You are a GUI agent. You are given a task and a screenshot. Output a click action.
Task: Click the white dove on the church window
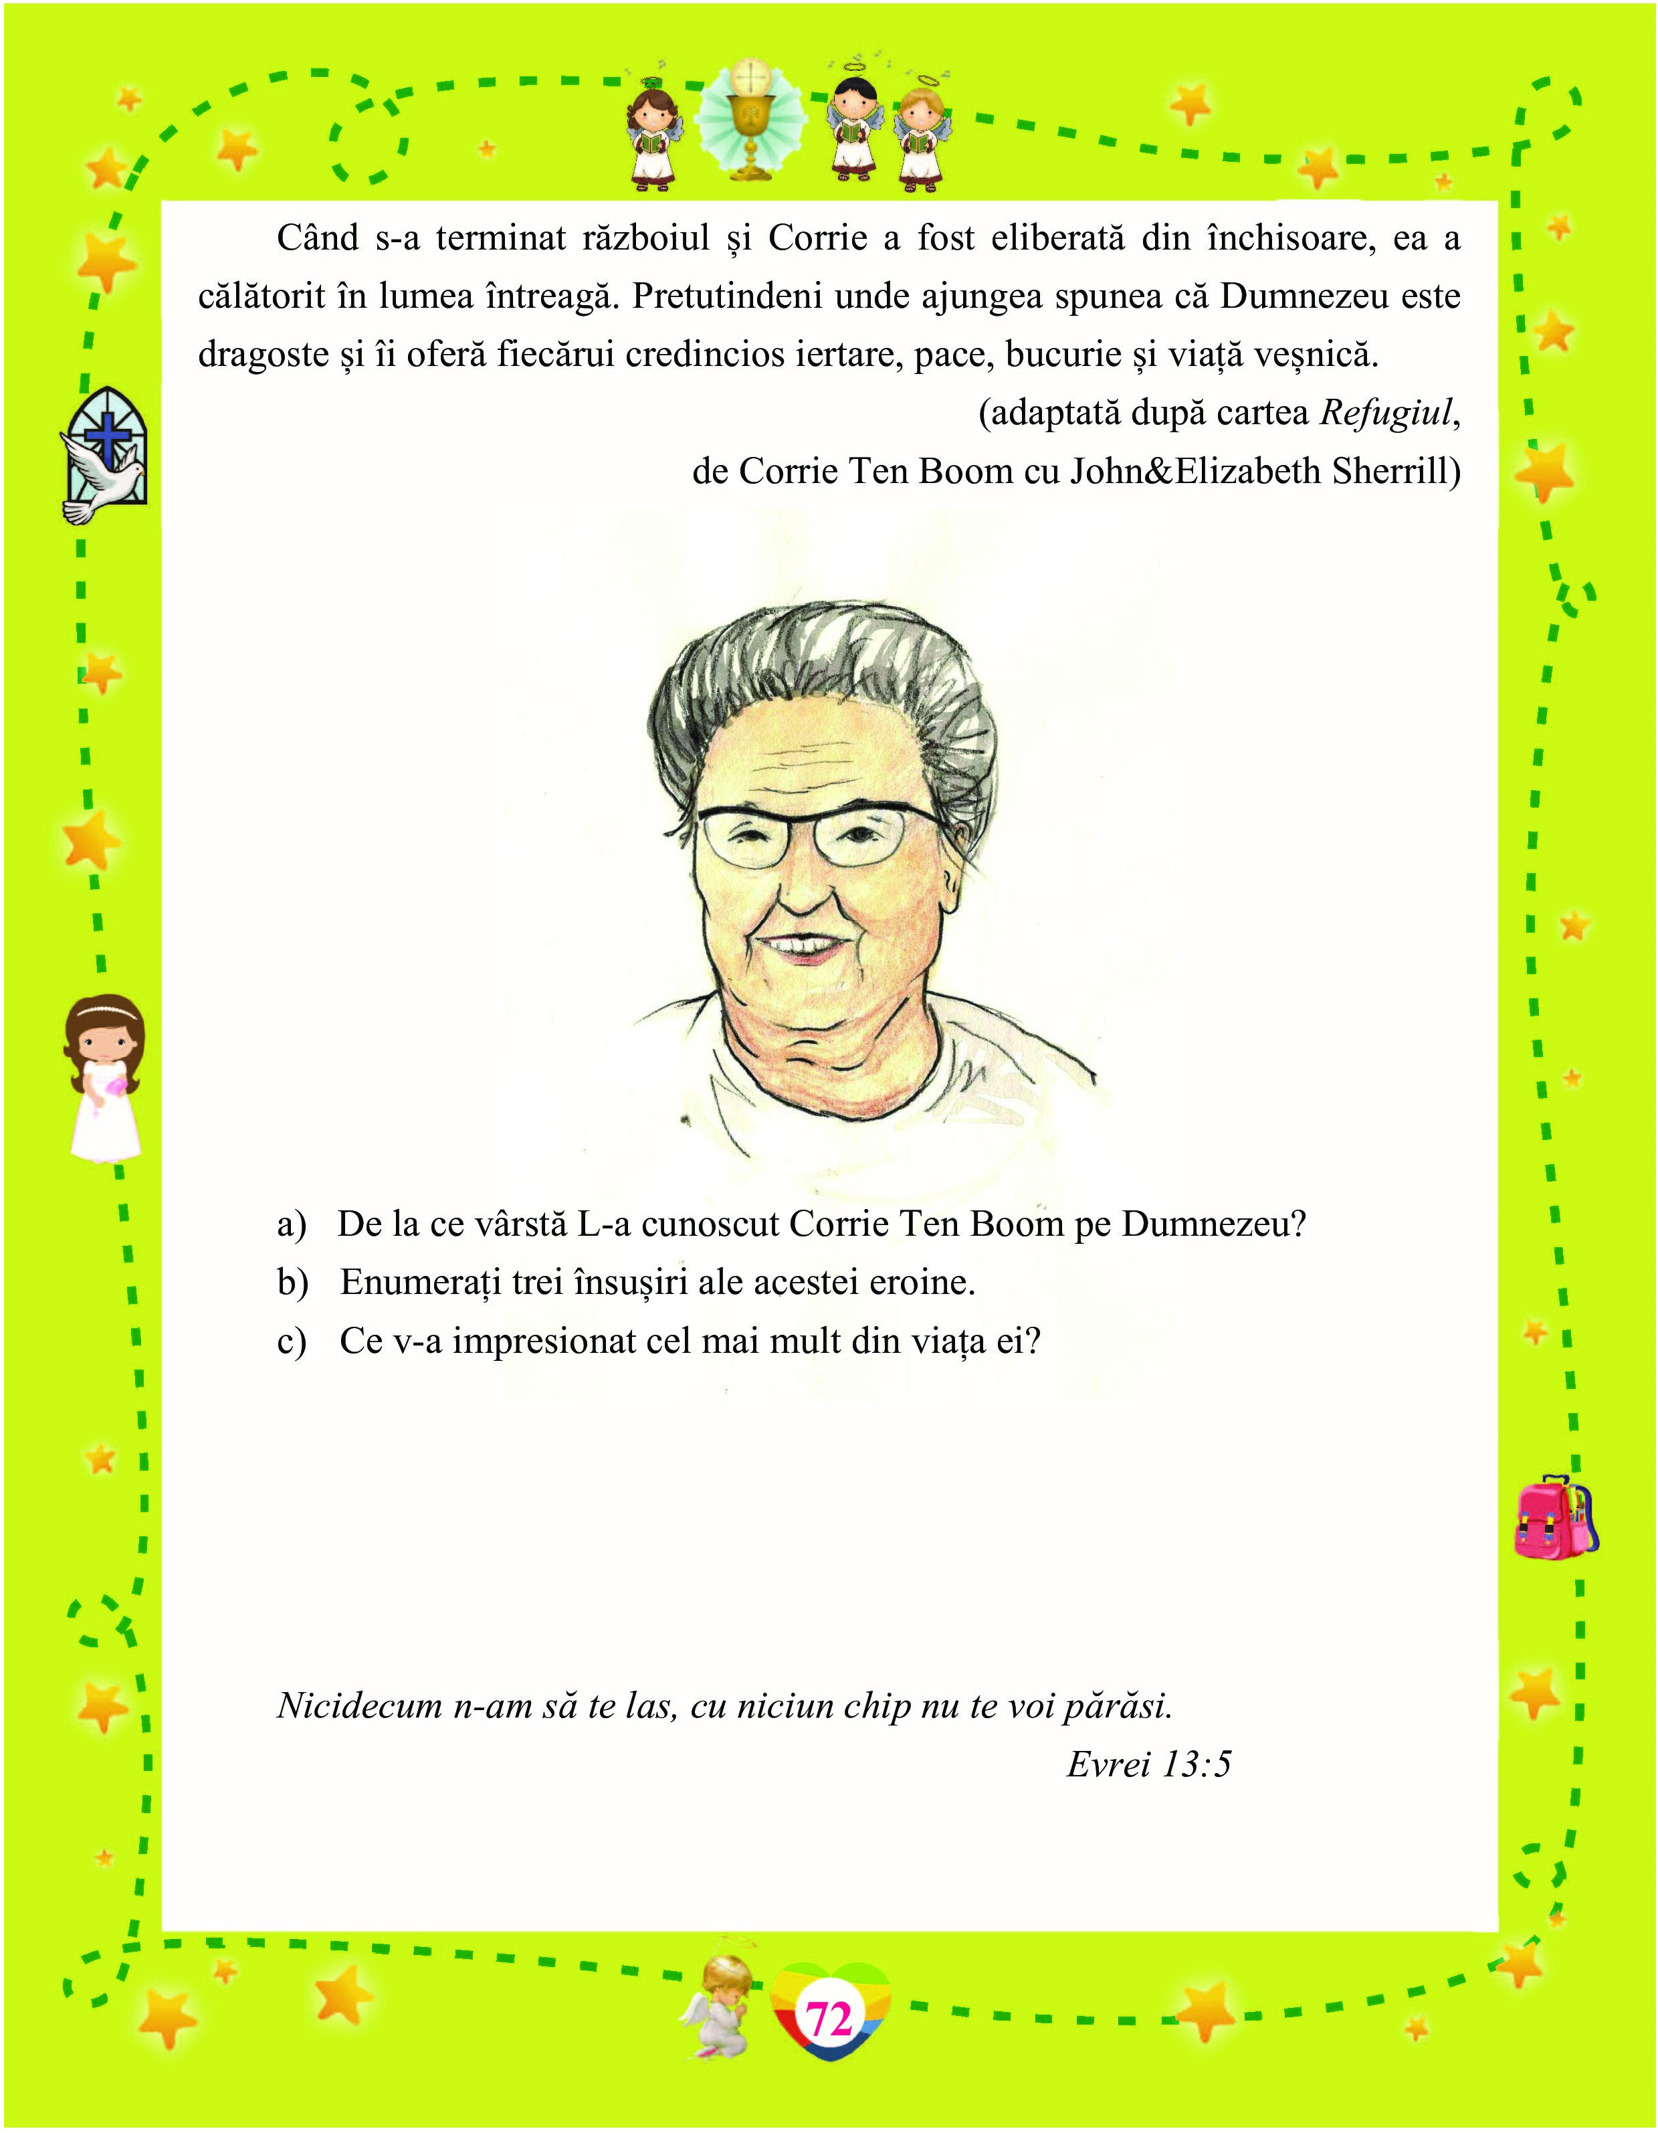pos(98,478)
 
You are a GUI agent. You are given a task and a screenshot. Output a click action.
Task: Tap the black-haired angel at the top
pos(854,129)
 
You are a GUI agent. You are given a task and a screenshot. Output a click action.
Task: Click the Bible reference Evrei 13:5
pos(1148,1765)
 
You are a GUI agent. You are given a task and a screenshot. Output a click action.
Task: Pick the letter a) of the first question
pos(291,1224)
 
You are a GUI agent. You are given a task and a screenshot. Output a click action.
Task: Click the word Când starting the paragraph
pos(318,238)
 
